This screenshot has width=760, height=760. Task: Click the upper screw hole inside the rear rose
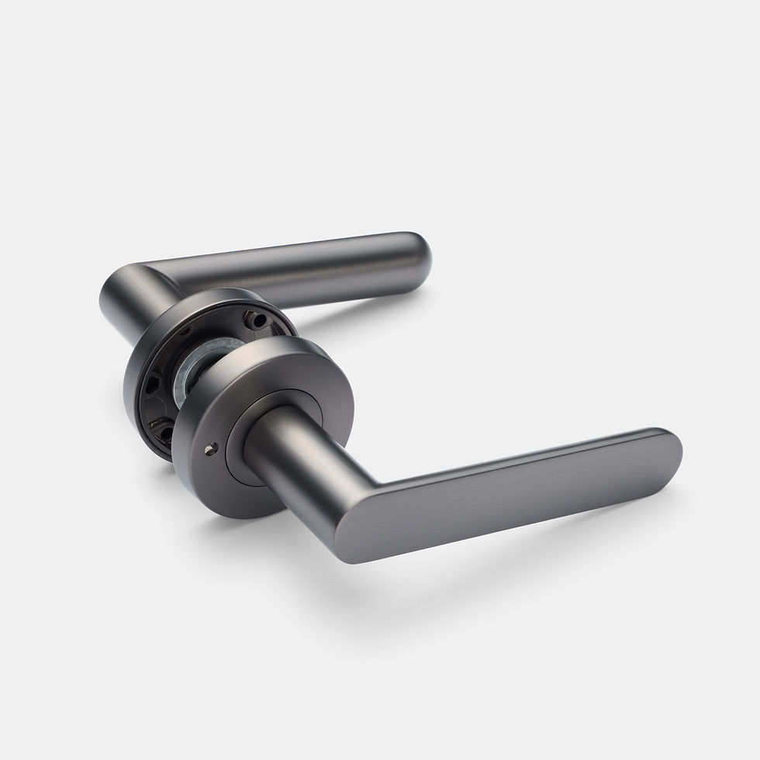253,317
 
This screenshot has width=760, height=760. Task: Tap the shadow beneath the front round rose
233,527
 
